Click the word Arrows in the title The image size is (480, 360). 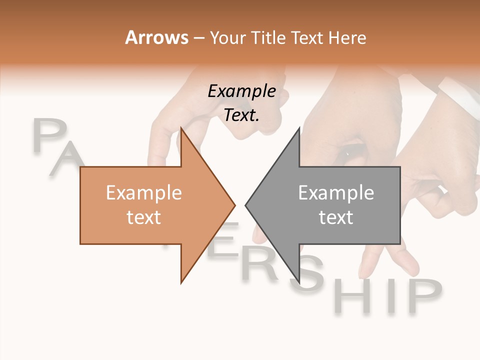pyautogui.click(x=156, y=37)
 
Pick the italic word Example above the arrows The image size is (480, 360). pyautogui.click(x=242, y=91)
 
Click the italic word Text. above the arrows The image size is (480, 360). pyautogui.click(x=242, y=115)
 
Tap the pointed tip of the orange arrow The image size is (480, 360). pyautogui.click(x=234, y=204)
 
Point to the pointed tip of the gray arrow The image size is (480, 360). pyautogui.click(x=246, y=204)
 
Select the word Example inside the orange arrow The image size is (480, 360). pyautogui.click(x=144, y=193)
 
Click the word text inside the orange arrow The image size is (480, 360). pyautogui.click(x=144, y=217)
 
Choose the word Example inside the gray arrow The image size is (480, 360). pyautogui.click(x=336, y=193)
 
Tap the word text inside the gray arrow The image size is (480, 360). pyautogui.click(x=336, y=217)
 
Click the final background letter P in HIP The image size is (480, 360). pyautogui.click(x=423, y=295)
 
